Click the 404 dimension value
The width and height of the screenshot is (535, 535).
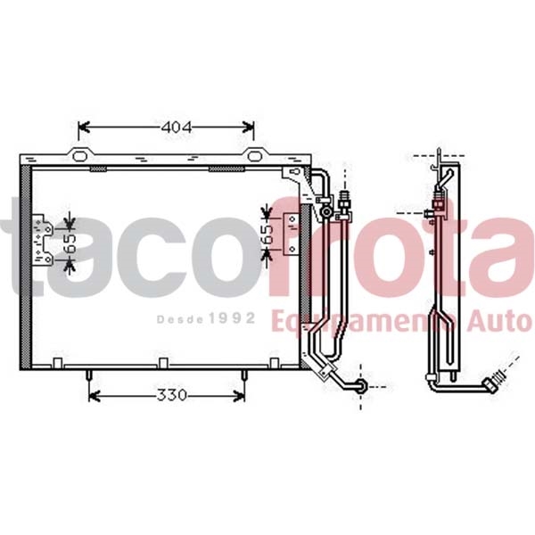pyautogui.click(x=176, y=128)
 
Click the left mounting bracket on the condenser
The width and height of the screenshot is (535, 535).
pyautogui.click(x=43, y=240)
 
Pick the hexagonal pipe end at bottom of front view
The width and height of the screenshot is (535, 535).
pyautogui.click(x=358, y=385)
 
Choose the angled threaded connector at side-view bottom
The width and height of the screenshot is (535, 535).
pyautogui.click(x=494, y=384)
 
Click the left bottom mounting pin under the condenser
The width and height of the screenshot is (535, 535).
pyautogui.click(x=91, y=376)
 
